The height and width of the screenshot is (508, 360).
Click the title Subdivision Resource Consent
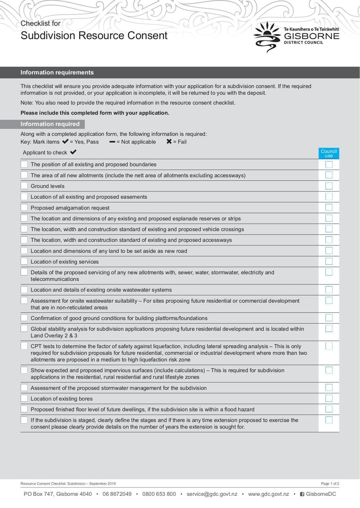94,36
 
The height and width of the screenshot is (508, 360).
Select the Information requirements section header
57,72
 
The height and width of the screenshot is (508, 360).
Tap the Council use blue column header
328,153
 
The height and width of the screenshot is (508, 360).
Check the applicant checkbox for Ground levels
24,186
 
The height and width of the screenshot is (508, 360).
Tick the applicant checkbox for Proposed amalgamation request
24,207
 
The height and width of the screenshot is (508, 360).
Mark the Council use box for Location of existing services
329,261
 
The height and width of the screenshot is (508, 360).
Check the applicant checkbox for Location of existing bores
24,398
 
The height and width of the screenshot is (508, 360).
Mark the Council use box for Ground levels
329,186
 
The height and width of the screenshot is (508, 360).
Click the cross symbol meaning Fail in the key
169,142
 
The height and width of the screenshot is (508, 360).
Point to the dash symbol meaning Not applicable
112,142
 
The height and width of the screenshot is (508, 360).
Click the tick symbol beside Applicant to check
73,152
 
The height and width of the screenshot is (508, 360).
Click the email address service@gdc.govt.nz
212,494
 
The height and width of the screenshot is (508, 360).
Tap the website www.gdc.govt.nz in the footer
268,494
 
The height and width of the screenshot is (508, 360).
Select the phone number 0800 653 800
159,494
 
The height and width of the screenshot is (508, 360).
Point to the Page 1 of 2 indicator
330,483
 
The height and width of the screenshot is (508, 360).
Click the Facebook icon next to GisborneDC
302,494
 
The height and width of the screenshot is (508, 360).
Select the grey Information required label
50,124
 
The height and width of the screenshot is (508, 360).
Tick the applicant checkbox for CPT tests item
24,346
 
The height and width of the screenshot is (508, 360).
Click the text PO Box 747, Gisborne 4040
58,494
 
